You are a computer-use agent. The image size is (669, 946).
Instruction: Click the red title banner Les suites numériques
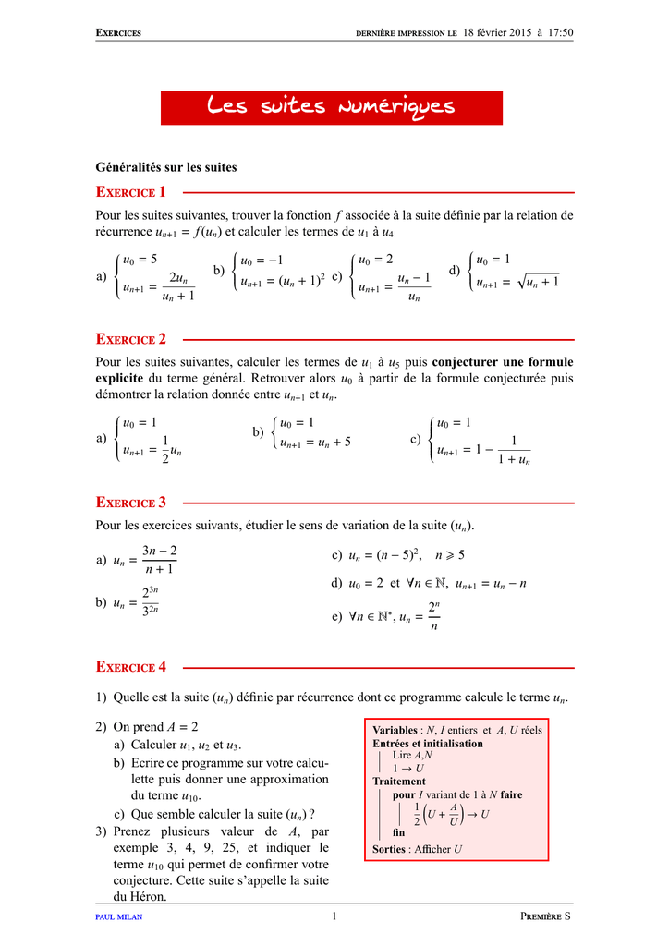click(332, 107)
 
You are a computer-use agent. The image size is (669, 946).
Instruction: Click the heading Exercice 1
click(131, 192)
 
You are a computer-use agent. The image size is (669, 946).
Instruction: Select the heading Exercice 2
click(131, 339)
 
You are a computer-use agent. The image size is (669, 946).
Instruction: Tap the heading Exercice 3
click(131, 503)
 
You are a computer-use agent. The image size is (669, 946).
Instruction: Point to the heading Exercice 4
click(131, 666)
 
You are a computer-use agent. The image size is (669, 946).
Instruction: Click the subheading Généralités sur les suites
click(166, 167)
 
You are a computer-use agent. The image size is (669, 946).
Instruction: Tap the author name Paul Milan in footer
click(119, 916)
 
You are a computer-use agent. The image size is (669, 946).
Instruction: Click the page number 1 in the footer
click(334, 916)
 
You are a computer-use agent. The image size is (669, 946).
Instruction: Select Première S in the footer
click(546, 916)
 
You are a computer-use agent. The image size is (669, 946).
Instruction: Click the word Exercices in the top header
click(118, 34)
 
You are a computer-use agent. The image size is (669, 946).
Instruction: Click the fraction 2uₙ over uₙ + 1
click(178, 287)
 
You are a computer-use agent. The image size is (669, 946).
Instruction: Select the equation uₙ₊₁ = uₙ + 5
click(315, 442)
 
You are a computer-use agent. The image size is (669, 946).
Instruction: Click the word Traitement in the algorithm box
click(399, 781)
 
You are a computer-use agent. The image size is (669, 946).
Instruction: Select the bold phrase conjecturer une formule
click(503, 361)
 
